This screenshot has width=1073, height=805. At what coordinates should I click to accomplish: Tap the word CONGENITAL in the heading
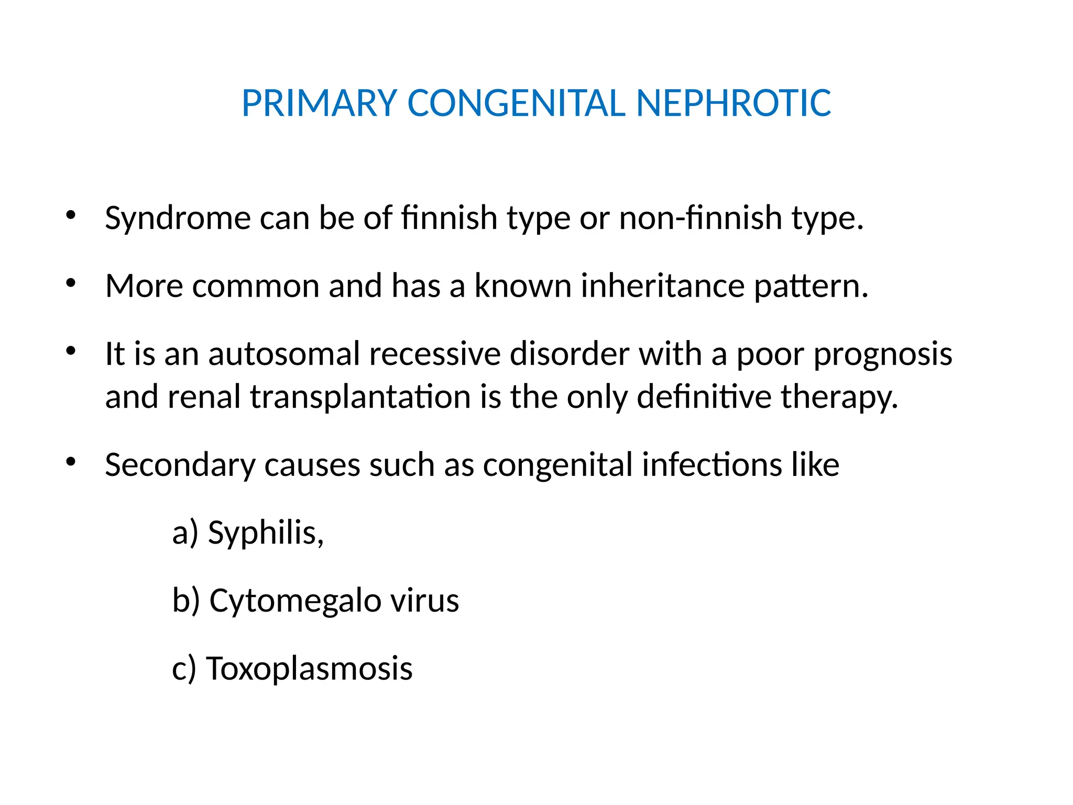[x=516, y=103]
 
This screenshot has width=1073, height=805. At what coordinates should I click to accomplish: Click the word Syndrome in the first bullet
[x=178, y=218]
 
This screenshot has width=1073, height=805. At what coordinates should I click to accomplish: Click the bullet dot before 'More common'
[x=71, y=284]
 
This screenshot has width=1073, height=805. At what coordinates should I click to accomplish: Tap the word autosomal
[x=284, y=354]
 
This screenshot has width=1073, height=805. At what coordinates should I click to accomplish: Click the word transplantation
[x=360, y=397]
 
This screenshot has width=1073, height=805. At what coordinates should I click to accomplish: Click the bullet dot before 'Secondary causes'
[x=71, y=462]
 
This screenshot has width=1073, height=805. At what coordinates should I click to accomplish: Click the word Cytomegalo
[x=295, y=601]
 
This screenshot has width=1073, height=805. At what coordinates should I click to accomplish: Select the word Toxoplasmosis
[x=309, y=669]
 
